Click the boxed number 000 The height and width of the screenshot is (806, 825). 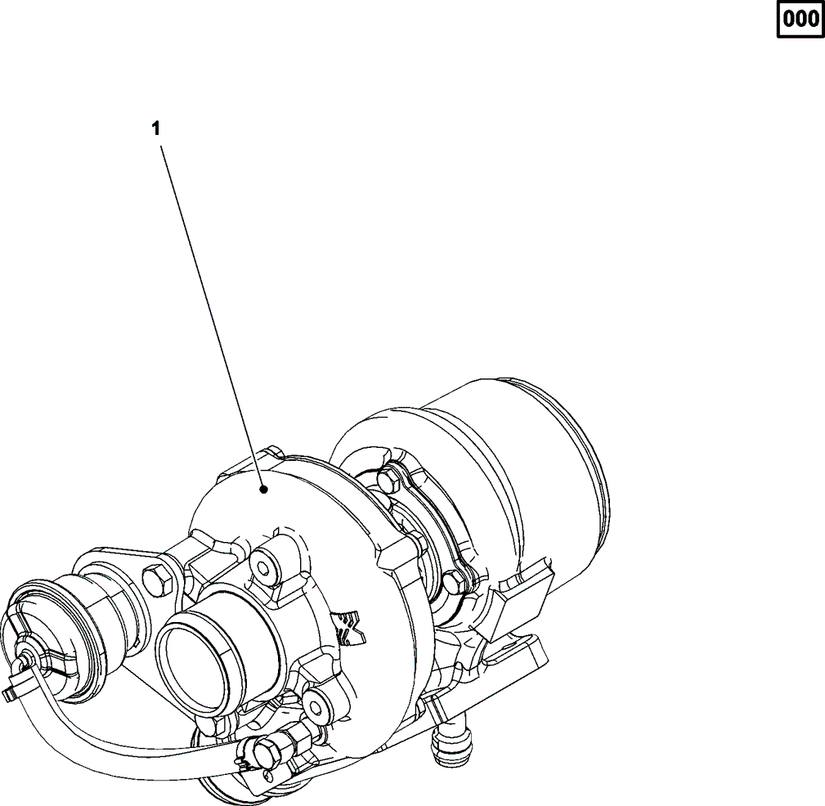(x=800, y=20)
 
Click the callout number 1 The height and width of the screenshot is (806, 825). (x=155, y=128)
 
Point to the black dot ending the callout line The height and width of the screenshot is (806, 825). (x=264, y=490)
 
